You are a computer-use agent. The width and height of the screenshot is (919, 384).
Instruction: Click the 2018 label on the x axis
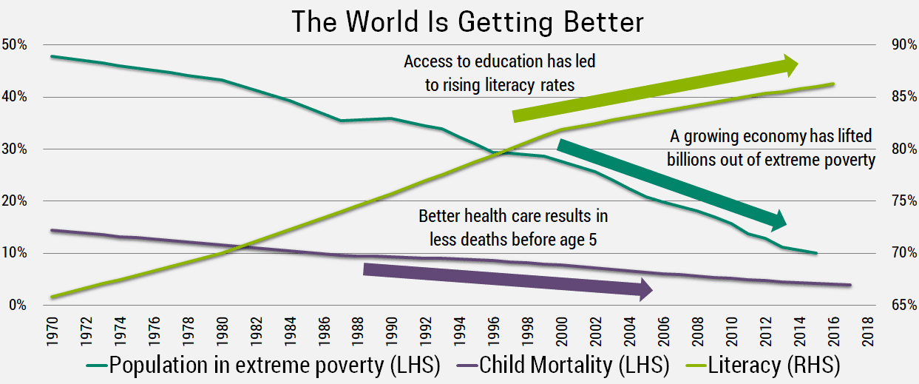(869, 332)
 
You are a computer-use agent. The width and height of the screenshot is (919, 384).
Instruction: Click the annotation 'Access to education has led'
(499, 62)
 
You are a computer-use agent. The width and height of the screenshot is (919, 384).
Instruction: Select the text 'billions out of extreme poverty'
(770, 159)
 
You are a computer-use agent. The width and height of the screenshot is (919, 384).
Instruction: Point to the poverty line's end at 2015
(816, 253)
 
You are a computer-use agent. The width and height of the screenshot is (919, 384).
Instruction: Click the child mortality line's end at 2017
(851, 285)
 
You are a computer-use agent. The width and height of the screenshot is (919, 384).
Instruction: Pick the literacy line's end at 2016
(834, 84)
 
